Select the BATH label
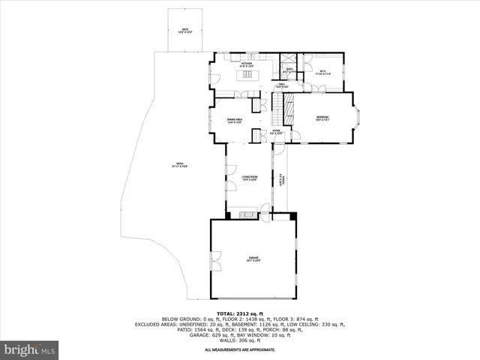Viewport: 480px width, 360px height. point(289,70)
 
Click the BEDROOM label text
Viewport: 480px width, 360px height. point(322,118)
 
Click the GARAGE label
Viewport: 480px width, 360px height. point(254,259)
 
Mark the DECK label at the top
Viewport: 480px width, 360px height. point(184,31)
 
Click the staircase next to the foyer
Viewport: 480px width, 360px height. point(284,111)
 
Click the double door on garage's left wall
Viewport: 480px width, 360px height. point(214,262)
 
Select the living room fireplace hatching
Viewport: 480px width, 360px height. point(247,215)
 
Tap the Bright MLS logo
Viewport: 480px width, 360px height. point(29,349)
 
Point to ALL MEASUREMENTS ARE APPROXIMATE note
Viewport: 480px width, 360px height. point(239,349)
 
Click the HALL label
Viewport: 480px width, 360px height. point(280,85)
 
